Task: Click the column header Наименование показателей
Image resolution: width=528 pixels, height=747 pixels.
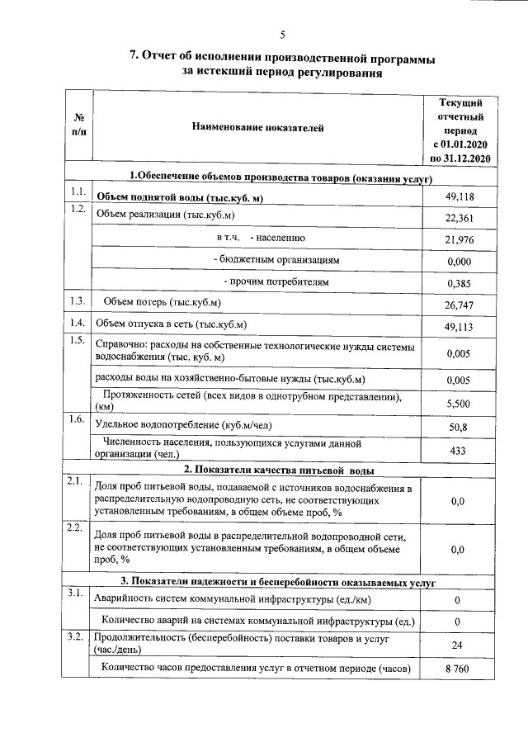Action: (x=257, y=128)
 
